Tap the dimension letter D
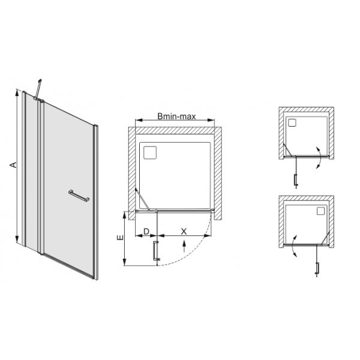click(x=146, y=231)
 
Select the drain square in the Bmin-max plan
click(x=149, y=151)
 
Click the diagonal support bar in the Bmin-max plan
click(x=142, y=198)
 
